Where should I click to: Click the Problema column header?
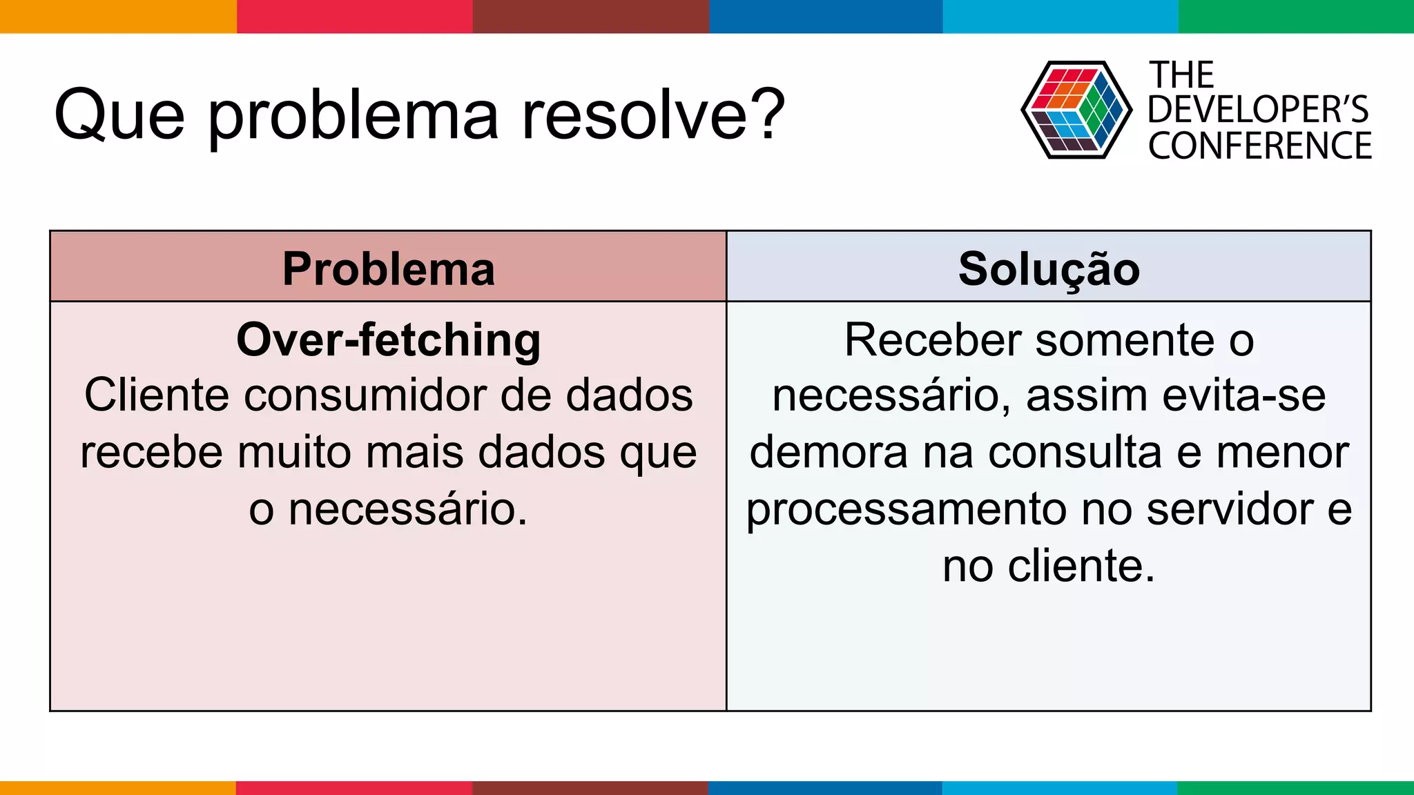tap(388, 268)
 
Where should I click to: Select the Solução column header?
tap(1049, 268)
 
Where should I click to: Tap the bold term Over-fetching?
tap(388, 340)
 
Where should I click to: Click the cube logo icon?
tap(1076, 110)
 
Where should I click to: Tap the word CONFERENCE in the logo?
tap(1260, 146)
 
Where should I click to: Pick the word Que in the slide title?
tap(119, 115)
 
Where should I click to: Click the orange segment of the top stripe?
tap(117, 16)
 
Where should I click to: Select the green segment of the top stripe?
tap(1296, 16)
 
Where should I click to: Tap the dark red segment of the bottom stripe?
tap(590, 787)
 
